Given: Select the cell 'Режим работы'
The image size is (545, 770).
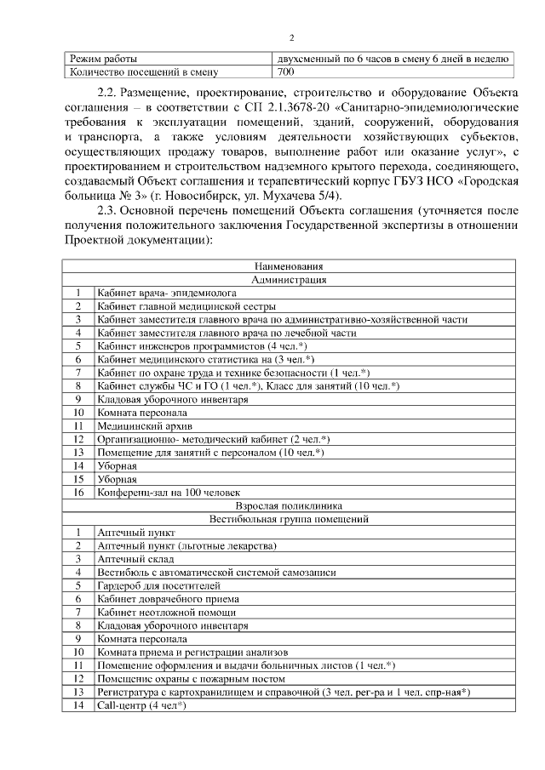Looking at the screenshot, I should coord(102,59).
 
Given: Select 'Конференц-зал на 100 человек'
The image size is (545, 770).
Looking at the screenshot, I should coord(169,492).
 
